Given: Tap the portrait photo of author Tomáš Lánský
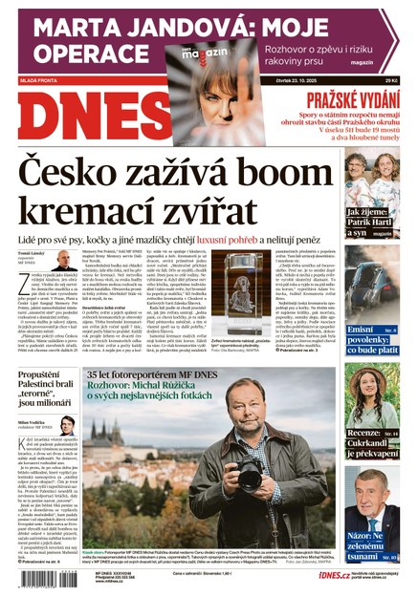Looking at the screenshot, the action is point(63,260).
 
